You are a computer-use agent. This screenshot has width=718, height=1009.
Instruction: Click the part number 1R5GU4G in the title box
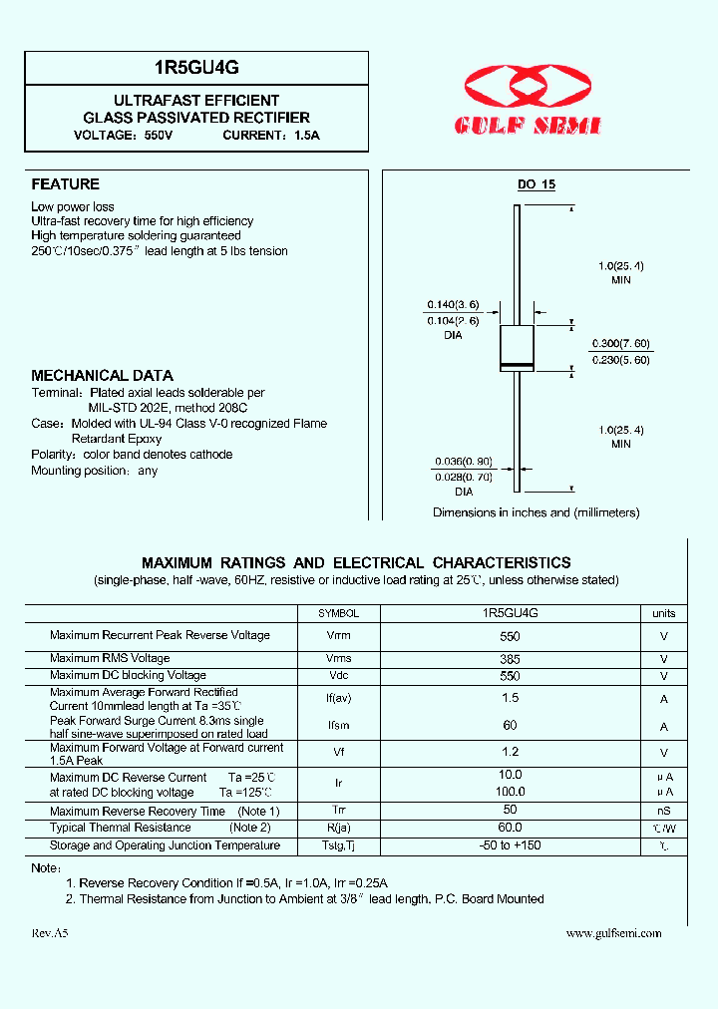click(x=195, y=68)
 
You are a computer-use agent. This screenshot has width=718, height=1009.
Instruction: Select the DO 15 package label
click(x=536, y=185)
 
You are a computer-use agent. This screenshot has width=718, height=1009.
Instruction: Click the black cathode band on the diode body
click(x=517, y=366)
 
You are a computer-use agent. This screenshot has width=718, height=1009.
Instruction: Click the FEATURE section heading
click(x=65, y=184)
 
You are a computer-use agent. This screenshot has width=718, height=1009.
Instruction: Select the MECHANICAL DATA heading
click(x=102, y=376)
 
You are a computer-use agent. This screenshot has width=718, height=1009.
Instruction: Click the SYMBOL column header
click(x=338, y=614)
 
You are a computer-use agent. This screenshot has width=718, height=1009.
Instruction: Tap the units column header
click(x=663, y=614)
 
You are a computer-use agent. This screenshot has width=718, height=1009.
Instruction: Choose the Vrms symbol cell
click(x=338, y=659)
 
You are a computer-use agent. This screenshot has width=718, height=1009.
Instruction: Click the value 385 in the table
click(x=510, y=659)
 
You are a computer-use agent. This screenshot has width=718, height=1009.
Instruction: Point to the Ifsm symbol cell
click(x=338, y=726)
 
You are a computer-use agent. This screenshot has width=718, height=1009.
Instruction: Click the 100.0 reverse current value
click(x=510, y=792)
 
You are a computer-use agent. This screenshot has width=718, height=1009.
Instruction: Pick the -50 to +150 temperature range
click(x=510, y=846)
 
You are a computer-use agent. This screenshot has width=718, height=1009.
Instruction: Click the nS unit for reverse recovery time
click(x=663, y=812)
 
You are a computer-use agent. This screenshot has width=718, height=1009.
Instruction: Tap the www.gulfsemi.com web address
click(x=613, y=933)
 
